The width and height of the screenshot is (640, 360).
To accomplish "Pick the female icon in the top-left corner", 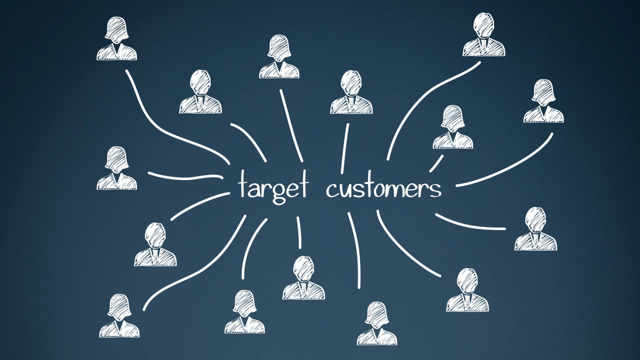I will click(117, 39).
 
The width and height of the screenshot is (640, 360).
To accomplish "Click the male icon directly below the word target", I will click(303, 278).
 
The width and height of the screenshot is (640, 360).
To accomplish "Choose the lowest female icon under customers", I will click(377, 324).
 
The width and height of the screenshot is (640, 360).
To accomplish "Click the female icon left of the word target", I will click(117, 169).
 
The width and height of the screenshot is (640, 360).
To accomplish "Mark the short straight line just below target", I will click(299, 233).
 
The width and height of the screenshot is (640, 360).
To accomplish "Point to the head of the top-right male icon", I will click(483, 24).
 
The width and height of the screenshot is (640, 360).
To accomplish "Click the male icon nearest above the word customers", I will click(351, 93).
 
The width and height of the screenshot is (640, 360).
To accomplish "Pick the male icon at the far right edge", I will click(536, 229).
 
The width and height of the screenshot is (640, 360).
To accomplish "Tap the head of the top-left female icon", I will click(117, 28).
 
